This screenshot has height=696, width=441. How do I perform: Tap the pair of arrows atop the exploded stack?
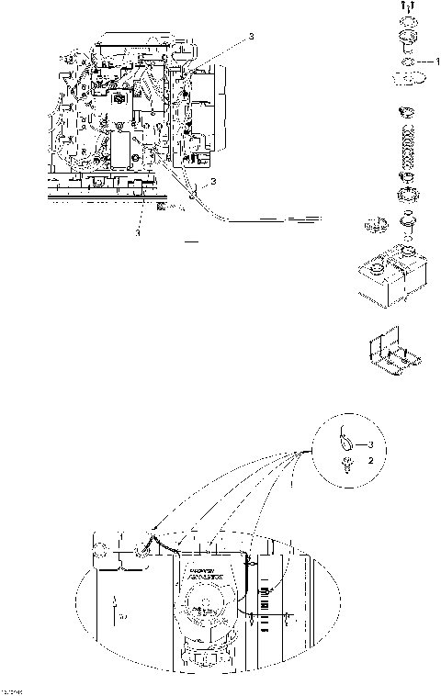coord(406,8)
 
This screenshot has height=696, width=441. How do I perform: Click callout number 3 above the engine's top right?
coord(252,37)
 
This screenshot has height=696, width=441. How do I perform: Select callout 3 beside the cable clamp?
coord(212,183)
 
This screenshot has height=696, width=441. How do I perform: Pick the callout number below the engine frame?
coord(139,233)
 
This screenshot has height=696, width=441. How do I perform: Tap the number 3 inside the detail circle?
coord(372,444)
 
